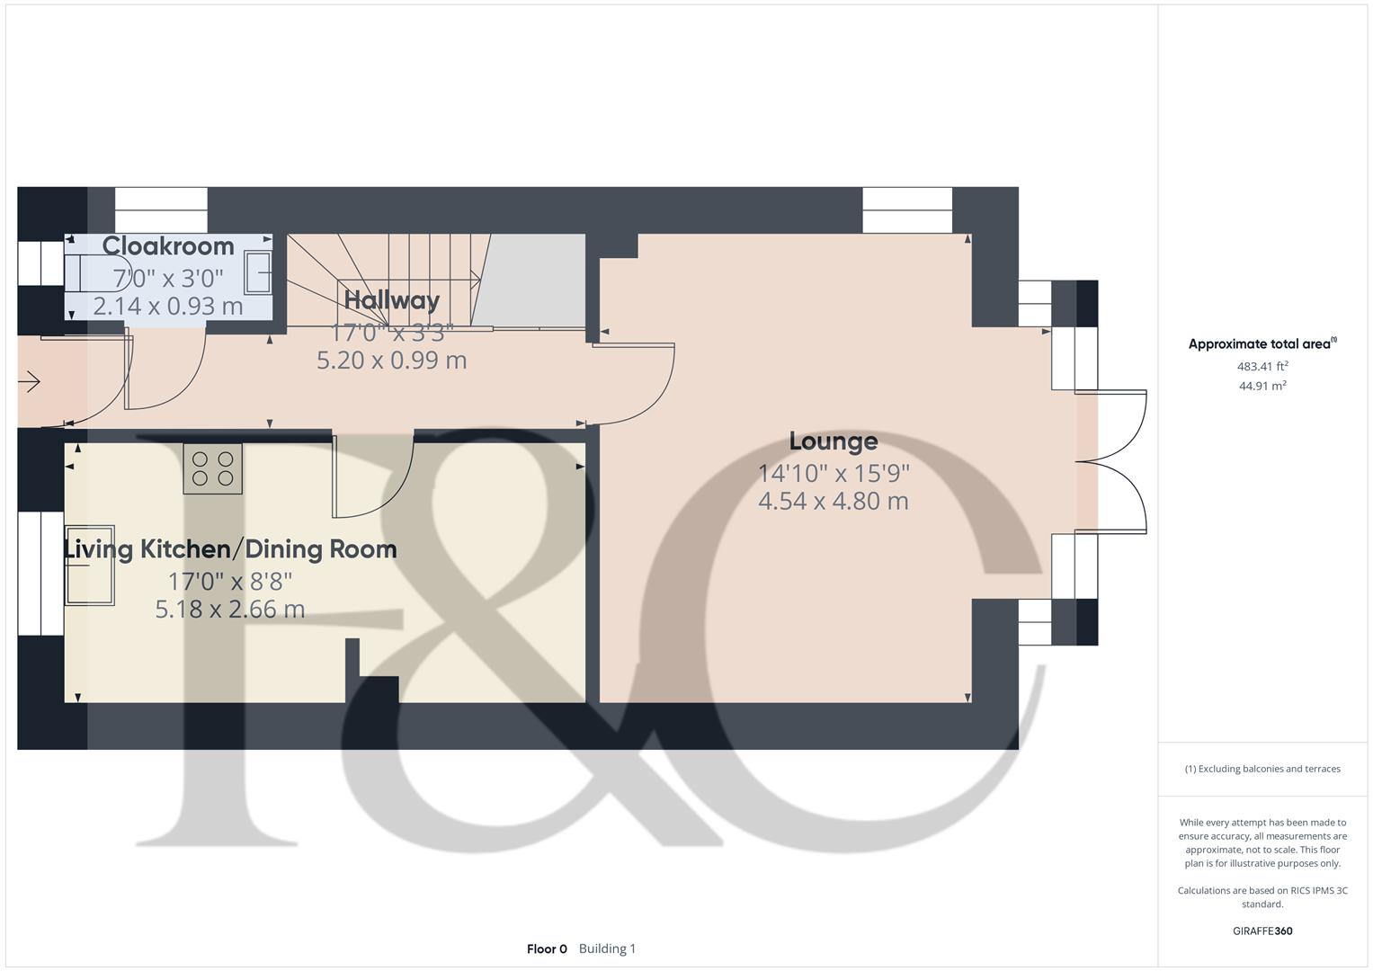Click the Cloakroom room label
[x=168, y=245]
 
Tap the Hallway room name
[x=391, y=299]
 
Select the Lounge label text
[x=833, y=441]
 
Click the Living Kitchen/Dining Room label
[x=230, y=549]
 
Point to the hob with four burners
[x=212, y=468]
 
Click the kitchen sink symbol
[x=89, y=565]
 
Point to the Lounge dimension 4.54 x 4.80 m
[x=833, y=501]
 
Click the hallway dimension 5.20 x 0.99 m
[x=391, y=361]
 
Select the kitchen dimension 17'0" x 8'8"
[x=230, y=581]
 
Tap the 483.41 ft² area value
[x=1262, y=366]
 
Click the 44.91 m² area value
[x=1262, y=386]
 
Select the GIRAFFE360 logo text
[x=1262, y=931]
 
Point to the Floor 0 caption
[x=547, y=949]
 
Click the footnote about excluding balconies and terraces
[x=1262, y=769]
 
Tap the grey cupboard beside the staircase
[x=530, y=280]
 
